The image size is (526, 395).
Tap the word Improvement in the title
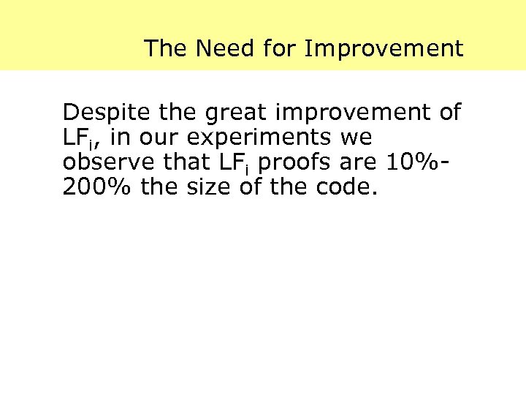coord(384,49)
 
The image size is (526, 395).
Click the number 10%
coord(409,163)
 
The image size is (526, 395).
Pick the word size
coord(199,188)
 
